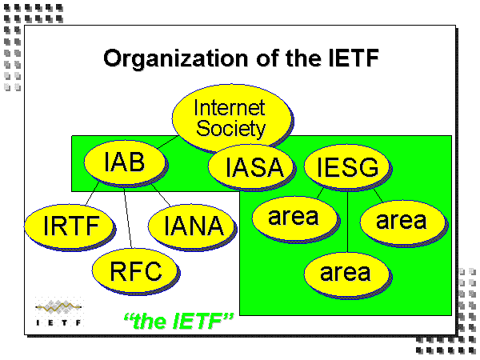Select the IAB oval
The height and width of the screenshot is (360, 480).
124,163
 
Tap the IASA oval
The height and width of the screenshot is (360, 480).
254,168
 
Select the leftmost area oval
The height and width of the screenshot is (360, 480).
293,216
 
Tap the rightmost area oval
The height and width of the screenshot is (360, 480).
402,220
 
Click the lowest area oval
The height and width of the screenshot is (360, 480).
346,273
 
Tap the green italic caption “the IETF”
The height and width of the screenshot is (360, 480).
178,322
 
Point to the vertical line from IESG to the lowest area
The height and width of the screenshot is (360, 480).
347,224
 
